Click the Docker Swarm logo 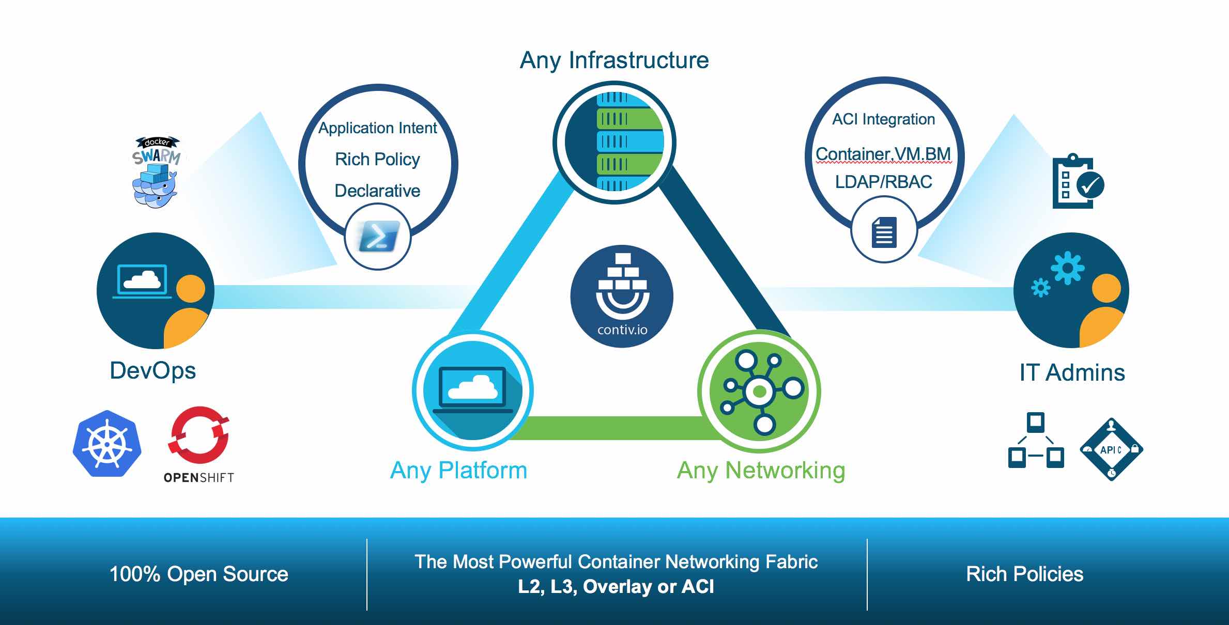click(x=156, y=172)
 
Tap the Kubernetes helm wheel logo click(x=107, y=444)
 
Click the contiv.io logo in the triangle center click(x=622, y=296)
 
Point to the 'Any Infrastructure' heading click(x=614, y=60)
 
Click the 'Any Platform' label click(x=458, y=471)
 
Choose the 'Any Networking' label click(x=761, y=471)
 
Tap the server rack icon click(x=615, y=142)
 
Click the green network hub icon click(x=759, y=391)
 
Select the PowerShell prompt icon click(x=378, y=237)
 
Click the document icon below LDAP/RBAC click(x=884, y=232)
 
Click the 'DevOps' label click(x=152, y=371)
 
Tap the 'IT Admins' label click(x=1072, y=372)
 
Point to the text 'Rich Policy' click(x=377, y=159)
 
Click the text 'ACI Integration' click(x=883, y=119)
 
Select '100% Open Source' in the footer click(x=198, y=574)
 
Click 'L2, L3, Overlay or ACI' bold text click(x=616, y=587)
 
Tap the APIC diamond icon click(x=1111, y=449)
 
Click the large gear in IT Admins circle click(x=1067, y=268)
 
